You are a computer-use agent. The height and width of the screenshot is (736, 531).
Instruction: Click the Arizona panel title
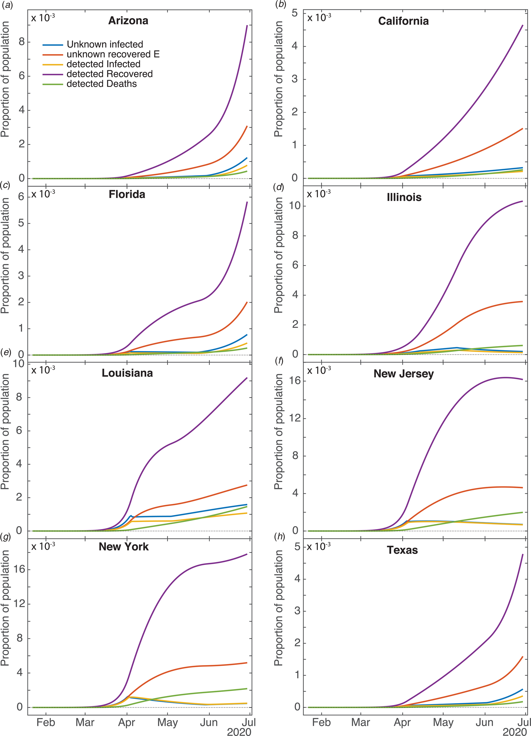pyautogui.click(x=128, y=21)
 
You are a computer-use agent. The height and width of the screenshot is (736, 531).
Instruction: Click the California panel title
pyautogui.click(x=403, y=21)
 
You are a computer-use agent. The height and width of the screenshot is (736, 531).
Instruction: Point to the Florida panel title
pyautogui.click(x=127, y=194)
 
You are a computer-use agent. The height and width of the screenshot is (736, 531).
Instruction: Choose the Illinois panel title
pyautogui.click(x=404, y=197)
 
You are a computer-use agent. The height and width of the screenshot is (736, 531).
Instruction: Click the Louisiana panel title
pyautogui.click(x=127, y=373)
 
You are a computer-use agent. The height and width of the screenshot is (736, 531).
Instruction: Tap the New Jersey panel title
pyautogui.click(x=403, y=374)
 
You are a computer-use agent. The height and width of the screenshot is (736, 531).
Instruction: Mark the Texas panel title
pyautogui.click(x=402, y=550)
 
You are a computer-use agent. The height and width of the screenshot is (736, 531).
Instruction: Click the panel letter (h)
pyautogui.click(x=279, y=536)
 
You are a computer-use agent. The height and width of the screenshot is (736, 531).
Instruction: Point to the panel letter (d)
pyautogui.click(x=279, y=187)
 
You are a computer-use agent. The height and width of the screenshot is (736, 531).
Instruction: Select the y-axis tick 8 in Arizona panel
pyautogui.click(x=21, y=42)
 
